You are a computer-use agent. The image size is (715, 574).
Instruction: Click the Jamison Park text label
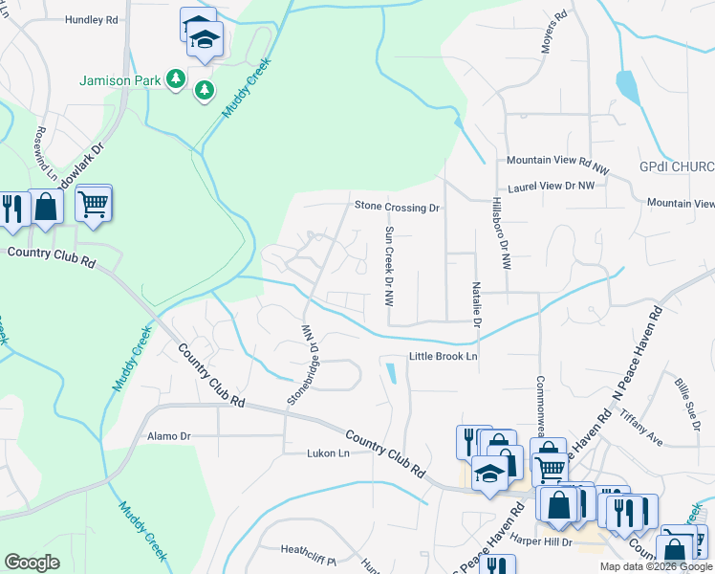click(119, 81)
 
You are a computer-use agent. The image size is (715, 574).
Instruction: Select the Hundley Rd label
click(92, 19)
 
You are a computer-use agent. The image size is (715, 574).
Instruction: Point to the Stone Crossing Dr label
click(397, 207)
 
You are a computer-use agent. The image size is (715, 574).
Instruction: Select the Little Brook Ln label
click(443, 357)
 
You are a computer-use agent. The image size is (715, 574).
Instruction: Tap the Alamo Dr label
click(170, 436)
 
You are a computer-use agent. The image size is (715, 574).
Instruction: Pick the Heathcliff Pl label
click(308, 550)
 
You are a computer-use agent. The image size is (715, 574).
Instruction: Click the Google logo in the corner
click(32, 563)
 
